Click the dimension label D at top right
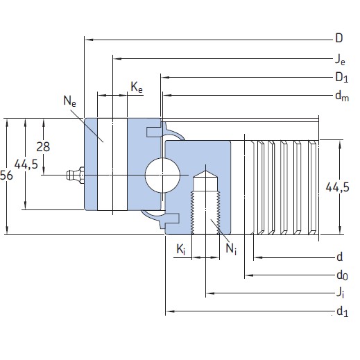coord(339,37)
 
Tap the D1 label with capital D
coord(341,77)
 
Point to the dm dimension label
coord(341,96)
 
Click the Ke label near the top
coord(137,87)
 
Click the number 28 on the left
coord(44,146)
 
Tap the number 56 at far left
coord(7,176)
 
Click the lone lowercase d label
coord(339,257)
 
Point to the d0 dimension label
coord(341,276)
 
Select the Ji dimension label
coord(340,294)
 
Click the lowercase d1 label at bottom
coord(341,313)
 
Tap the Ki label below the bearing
coord(180,249)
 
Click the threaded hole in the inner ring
coord(205,201)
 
